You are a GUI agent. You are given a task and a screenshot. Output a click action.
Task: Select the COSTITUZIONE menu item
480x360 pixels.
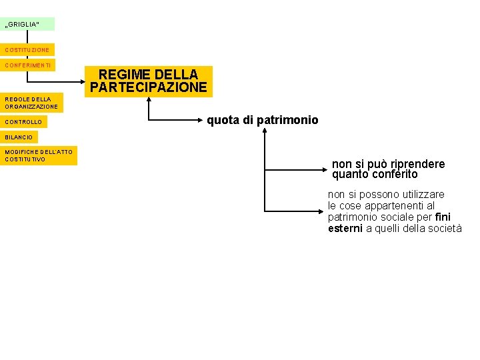click(27, 50)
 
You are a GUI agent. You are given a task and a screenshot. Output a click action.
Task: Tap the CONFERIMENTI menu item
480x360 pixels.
click(27, 65)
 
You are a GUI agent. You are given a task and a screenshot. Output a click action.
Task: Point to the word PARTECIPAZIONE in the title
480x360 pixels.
click(149, 87)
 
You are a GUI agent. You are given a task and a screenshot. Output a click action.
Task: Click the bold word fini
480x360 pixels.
click(443, 217)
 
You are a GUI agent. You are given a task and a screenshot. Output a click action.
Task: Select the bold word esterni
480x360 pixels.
click(345, 228)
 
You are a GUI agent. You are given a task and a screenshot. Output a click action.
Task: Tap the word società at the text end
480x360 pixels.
click(445, 228)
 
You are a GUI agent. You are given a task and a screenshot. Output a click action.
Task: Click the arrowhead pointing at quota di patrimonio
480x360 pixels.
click(200, 121)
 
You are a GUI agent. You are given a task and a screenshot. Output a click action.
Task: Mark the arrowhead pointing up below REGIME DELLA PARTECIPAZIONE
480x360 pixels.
click(149, 101)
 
